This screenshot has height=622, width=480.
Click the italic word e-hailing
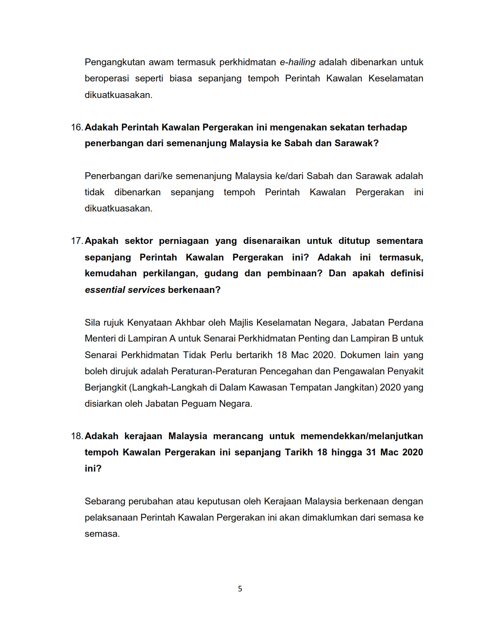[x=297, y=62]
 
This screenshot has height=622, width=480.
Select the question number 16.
[x=76, y=127]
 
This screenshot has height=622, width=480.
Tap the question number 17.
[x=76, y=241]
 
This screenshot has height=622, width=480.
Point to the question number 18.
[x=76, y=436]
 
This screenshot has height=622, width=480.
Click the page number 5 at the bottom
[x=240, y=589]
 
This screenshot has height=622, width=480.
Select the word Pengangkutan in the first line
[x=115, y=62]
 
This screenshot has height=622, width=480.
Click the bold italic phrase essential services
[x=125, y=290]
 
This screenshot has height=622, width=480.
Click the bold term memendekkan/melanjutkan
[x=362, y=436]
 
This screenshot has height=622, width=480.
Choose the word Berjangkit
[x=106, y=388]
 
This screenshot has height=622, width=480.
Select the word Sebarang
[x=105, y=501]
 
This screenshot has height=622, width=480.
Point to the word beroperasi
[x=107, y=78]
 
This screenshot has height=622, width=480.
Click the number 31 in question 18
[x=371, y=452]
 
